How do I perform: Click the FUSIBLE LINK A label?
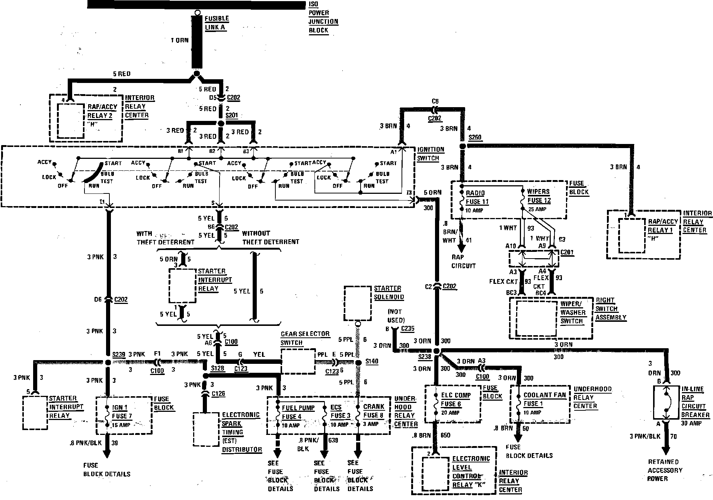point(217,23)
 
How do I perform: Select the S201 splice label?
point(231,116)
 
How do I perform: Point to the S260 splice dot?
point(463,146)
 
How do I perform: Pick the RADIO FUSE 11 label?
point(477,198)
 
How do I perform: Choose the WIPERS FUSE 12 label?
point(538,196)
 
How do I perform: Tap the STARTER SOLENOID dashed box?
point(358,303)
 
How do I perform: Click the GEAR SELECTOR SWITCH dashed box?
point(297,361)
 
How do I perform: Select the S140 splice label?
point(371,361)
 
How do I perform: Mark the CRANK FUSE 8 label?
point(373,411)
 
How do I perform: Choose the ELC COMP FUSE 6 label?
point(456,400)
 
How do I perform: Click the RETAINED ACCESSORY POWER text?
point(665,470)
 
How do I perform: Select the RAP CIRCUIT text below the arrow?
point(463,262)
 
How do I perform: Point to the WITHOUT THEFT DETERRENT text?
point(271,238)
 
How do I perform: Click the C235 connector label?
point(407,329)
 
